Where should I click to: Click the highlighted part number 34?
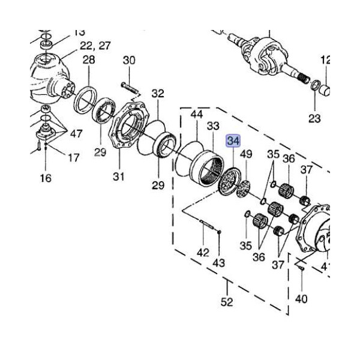232,142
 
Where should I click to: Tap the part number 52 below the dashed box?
226,302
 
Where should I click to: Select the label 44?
197,113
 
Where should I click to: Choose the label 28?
89,59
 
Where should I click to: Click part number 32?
158,94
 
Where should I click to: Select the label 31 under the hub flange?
119,176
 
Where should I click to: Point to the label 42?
203,253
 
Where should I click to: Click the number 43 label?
219,262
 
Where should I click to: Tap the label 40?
302,298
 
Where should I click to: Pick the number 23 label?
314,119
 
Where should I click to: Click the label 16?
46,178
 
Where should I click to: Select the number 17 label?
73,158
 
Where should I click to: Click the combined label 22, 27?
95,45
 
